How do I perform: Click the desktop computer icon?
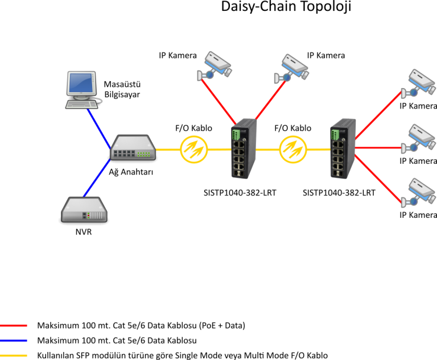coord(82,90)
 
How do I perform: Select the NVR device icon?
coord(84,210)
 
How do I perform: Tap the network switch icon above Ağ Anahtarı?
coord(133,148)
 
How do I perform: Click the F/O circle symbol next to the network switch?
coord(193,150)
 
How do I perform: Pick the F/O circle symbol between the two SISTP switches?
coord(293,150)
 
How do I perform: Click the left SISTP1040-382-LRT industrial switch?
coord(244,148)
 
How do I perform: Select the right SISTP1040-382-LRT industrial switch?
coord(343,148)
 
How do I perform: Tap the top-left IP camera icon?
coord(215,66)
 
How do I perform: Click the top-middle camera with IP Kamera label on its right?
coord(291,69)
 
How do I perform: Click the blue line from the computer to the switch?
coord(99,129)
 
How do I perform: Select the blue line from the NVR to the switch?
coord(97,178)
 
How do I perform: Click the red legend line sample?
coord(14,325)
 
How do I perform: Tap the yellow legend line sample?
coord(14,355)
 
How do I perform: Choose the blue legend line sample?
coord(14,341)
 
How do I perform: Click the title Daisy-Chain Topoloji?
coord(286,7)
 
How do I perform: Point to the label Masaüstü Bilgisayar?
coord(122,89)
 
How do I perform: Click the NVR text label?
coord(84,232)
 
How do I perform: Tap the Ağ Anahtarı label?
coord(131,172)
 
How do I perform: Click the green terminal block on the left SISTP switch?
coord(236,135)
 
